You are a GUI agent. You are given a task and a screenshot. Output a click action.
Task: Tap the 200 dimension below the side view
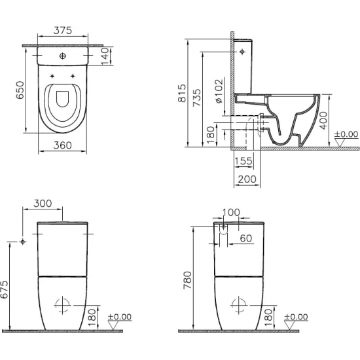pyautogui.click(x=247, y=179)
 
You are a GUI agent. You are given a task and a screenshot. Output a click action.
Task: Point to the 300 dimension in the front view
pyautogui.click(x=43, y=204)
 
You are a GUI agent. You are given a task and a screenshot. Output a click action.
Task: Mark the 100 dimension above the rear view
pyautogui.click(x=231, y=213)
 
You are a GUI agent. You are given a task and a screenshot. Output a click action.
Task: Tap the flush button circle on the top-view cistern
pyautogui.click(x=63, y=57)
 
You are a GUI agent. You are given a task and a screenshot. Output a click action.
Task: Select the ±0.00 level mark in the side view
pyautogui.click(x=346, y=135)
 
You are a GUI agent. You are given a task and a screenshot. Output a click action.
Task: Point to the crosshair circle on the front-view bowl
pyautogui.click(x=63, y=306)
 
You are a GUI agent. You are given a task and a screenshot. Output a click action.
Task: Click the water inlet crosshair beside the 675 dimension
pyautogui.click(x=23, y=242)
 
